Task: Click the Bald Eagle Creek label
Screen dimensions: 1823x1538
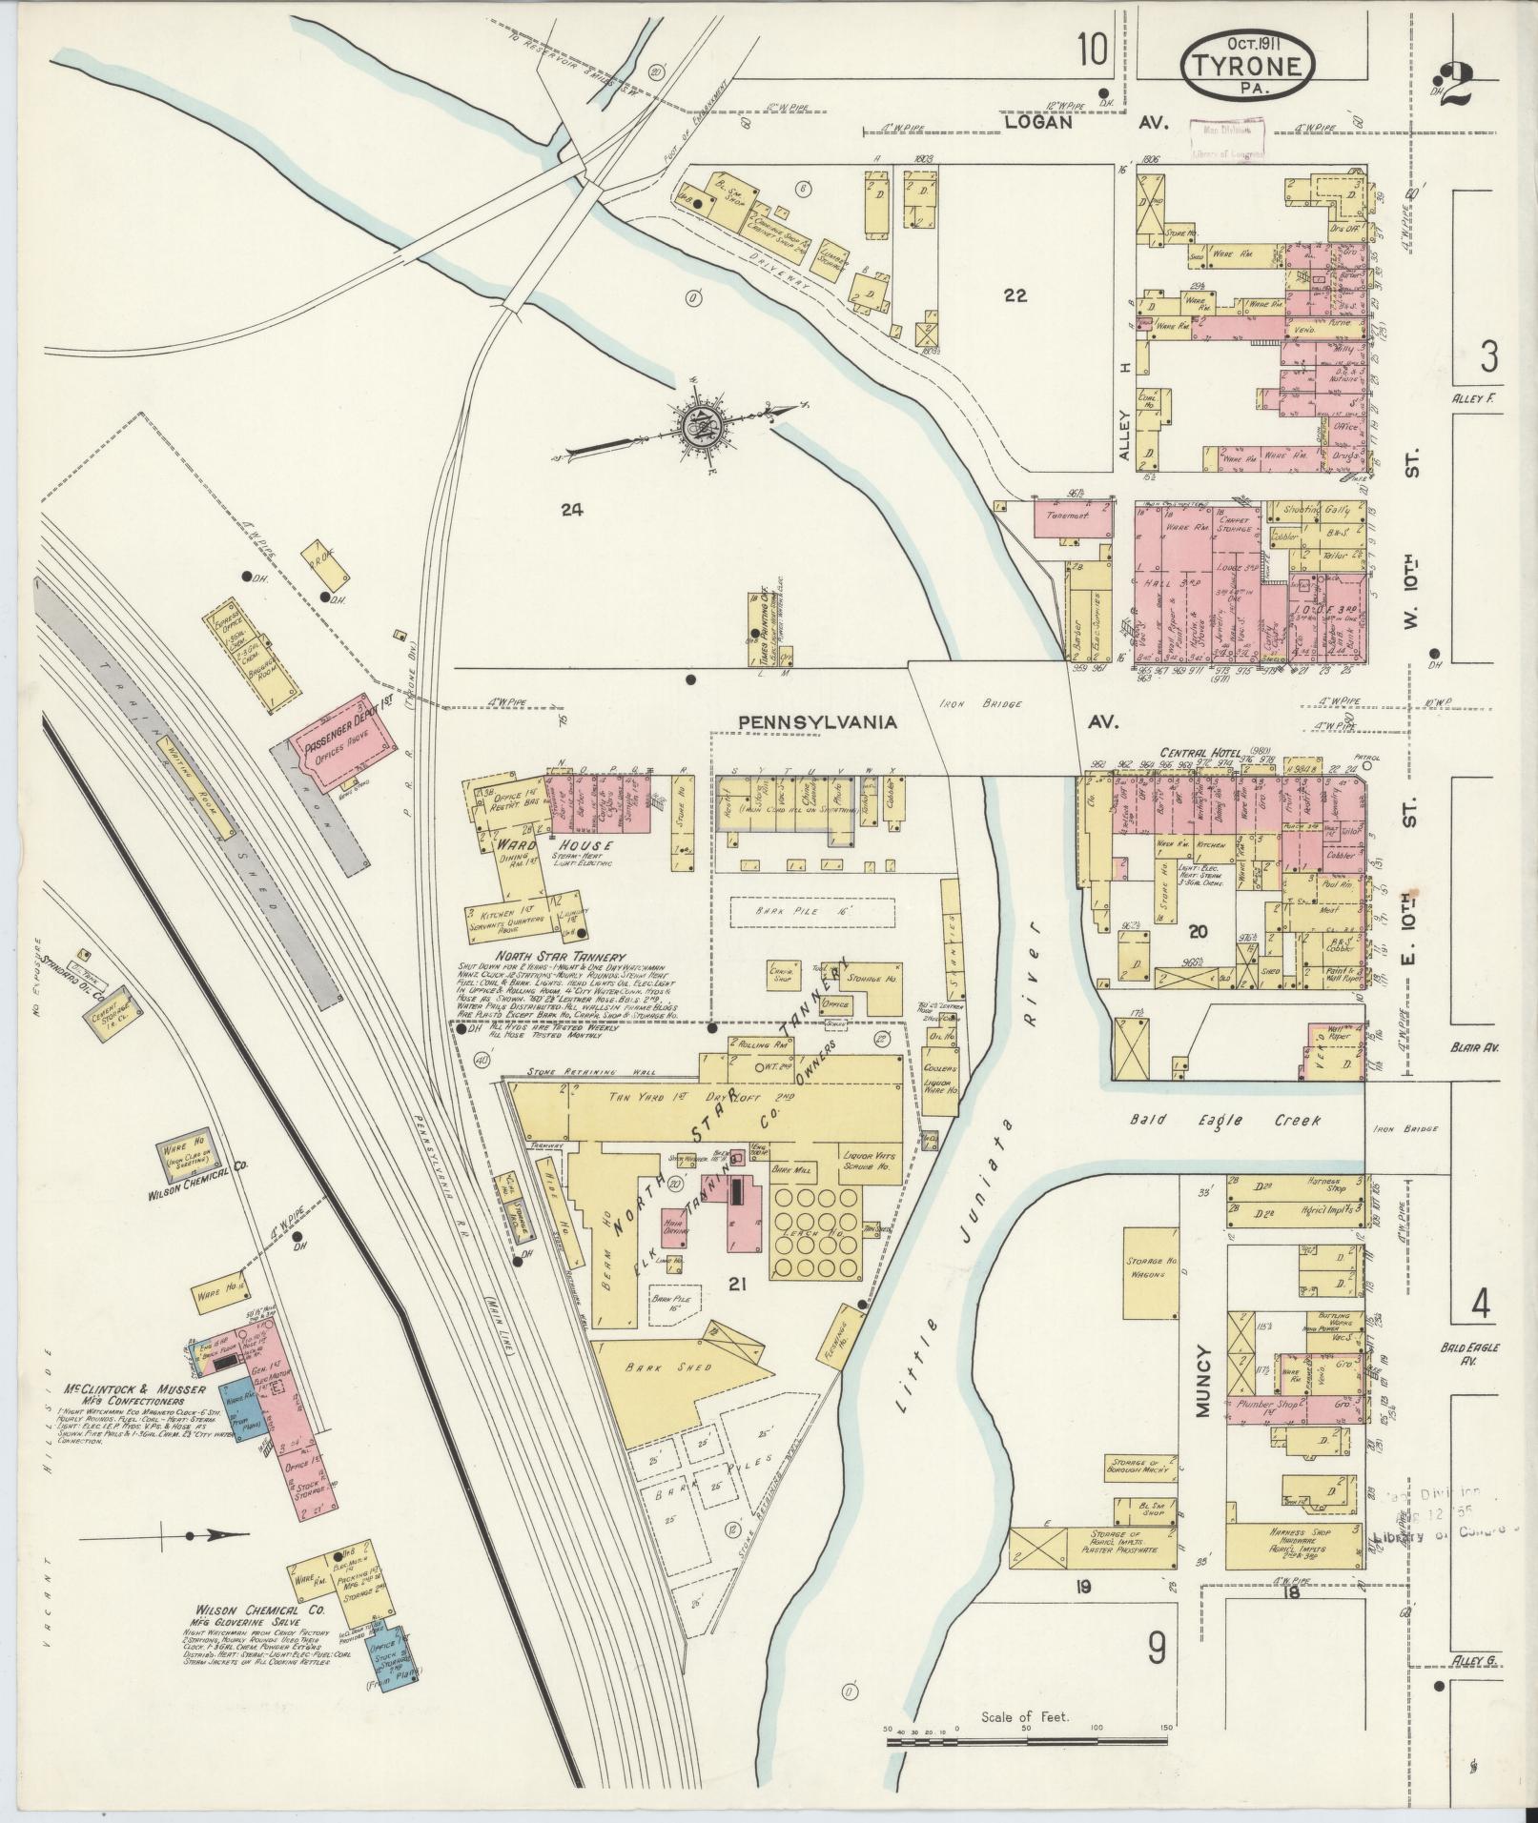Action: pyautogui.click(x=1240, y=1120)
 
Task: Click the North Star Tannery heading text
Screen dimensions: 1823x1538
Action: pyautogui.click(x=546, y=958)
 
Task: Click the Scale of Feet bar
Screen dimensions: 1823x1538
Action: pyautogui.click(x=1027, y=1740)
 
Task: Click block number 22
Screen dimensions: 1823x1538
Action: pyautogui.click(x=1015, y=296)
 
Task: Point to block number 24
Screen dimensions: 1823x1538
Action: pyautogui.click(x=571, y=510)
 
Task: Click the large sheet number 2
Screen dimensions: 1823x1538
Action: pyautogui.click(x=1453, y=86)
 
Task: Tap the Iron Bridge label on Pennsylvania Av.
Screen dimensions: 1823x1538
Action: pyautogui.click(x=992, y=704)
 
